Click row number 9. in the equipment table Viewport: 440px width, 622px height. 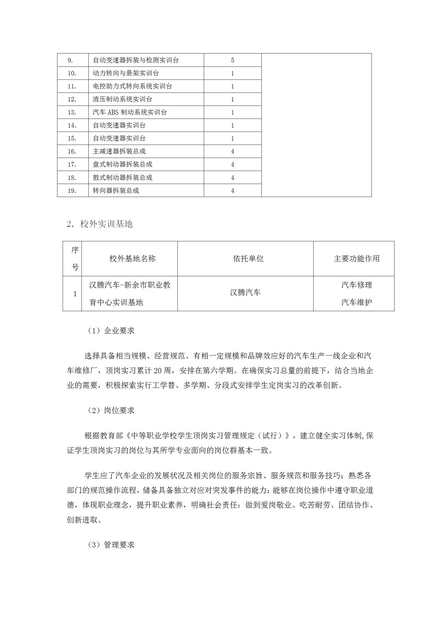[70, 60]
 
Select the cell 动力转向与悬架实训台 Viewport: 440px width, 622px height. [126, 73]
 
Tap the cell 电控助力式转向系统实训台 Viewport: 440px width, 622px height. [132, 86]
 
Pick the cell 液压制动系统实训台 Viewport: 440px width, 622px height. [122, 99]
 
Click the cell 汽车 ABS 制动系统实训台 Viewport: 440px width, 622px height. [129, 112]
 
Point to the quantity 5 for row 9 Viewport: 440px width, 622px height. [232, 60]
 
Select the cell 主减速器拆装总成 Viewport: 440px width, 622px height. [119, 151]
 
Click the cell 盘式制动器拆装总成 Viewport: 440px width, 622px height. [122, 164]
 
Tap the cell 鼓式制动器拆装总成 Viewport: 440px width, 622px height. [122, 177]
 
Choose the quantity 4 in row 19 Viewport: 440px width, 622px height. [232, 191]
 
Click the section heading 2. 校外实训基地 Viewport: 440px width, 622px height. [100, 224]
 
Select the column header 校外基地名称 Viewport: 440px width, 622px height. [133, 258]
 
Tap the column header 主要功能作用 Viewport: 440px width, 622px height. [357, 258]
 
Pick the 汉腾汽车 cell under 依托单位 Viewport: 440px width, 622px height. [245, 293]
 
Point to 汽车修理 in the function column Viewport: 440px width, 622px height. [357, 285]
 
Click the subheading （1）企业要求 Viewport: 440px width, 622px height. [111, 331]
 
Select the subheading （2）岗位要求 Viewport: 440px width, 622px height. [111, 410]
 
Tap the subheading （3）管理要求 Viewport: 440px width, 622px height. [111, 545]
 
